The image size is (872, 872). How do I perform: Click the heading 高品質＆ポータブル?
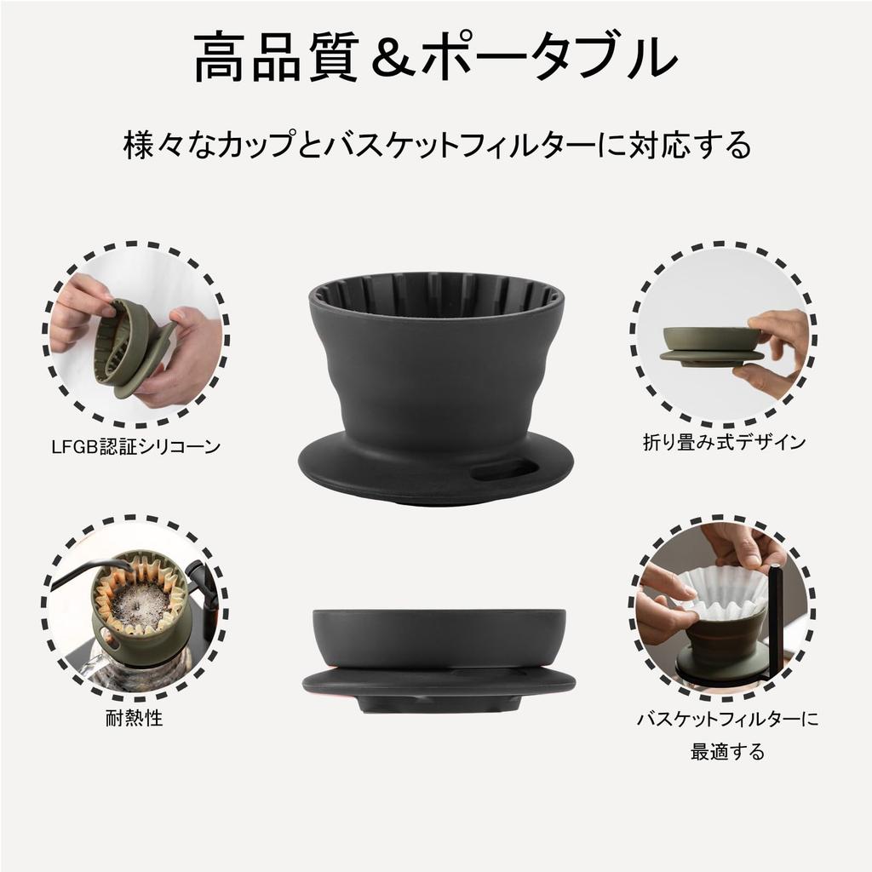coord(435,59)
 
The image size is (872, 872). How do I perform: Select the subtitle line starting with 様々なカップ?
coord(436,145)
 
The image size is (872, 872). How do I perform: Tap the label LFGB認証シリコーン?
coord(136,445)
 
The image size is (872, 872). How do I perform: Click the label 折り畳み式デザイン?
coord(724,441)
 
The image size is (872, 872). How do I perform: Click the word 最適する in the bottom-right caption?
coord(727,752)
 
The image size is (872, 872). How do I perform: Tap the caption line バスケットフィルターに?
coord(727,720)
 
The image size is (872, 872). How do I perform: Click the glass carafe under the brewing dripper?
coord(128,673)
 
